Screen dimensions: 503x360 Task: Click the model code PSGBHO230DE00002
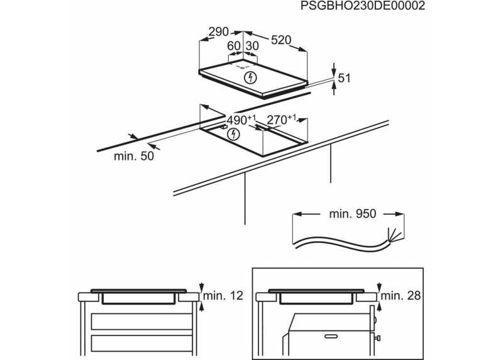(x=363, y=6)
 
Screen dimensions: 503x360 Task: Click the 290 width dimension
(x=218, y=32)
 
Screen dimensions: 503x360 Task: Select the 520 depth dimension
(x=281, y=40)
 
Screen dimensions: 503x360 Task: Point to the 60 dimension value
(x=233, y=46)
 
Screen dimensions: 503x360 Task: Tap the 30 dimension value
(x=252, y=46)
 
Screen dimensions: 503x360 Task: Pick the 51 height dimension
(x=344, y=79)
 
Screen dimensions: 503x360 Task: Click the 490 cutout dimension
(x=241, y=120)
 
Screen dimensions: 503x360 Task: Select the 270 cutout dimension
(x=282, y=120)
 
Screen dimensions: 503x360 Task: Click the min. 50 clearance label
(x=134, y=156)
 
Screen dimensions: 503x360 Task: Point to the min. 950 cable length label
(x=353, y=214)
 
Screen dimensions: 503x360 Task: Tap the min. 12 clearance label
(x=223, y=295)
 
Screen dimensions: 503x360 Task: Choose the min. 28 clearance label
(x=401, y=295)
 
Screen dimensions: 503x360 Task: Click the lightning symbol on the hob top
(x=250, y=77)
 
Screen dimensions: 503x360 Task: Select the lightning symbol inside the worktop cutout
(x=233, y=134)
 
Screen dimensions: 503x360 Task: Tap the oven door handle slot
(x=331, y=336)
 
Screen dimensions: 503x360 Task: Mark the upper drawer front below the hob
(x=141, y=322)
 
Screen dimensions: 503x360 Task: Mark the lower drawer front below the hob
(x=141, y=343)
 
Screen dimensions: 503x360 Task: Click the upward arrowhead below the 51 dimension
(x=334, y=86)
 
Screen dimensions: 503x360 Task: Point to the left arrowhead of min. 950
(x=298, y=213)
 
